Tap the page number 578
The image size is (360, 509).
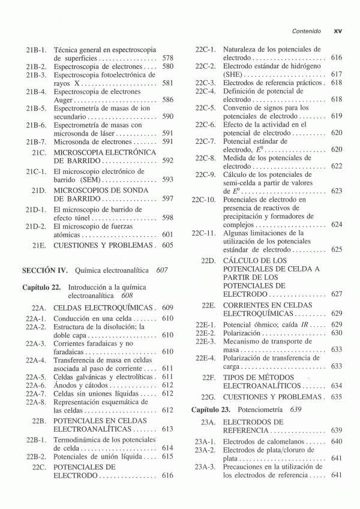coord(167,58)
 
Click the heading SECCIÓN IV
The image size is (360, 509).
coord(45,270)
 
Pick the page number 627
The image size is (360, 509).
coord(336,294)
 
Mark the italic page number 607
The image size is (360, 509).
coord(161,270)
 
